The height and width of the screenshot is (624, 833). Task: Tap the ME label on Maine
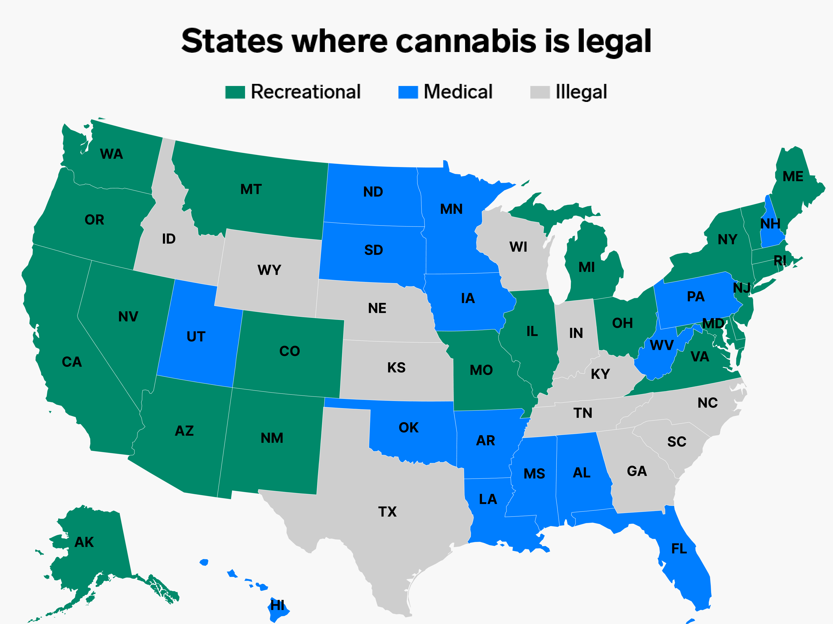pyautogui.click(x=793, y=176)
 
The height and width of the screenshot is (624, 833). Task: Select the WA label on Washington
pyautogui.click(x=112, y=154)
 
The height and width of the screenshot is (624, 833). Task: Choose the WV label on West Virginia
pyautogui.click(x=662, y=345)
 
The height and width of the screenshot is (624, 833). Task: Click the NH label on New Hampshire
pyautogui.click(x=770, y=224)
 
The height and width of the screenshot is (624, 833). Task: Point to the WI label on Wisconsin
pyautogui.click(x=518, y=247)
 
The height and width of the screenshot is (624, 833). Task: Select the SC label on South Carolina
pyautogui.click(x=677, y=442)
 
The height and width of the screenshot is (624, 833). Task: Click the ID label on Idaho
pyautogui.click(x=169, y=239)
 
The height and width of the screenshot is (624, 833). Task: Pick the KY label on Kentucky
pyautogui.click(x=600, y=374)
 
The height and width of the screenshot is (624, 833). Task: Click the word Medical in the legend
pyautogui.click(x=458, y=92)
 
